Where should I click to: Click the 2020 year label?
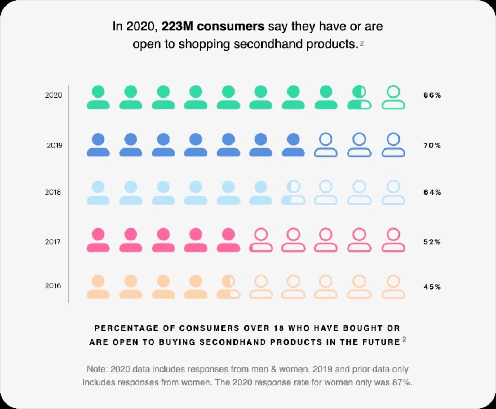[x=54, y=95]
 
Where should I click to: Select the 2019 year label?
[x=55, y=145]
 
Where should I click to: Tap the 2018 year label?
[x=53, y=192]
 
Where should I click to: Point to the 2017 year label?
[x=53, y=242]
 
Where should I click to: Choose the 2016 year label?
[x=53, y=286]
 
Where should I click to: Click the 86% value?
[x=432, y=95]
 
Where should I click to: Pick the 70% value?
[x=432, y=145]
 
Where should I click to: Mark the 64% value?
[x=432, y=192]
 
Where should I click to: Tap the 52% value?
[x=432, y=242]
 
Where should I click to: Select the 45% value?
[x=432, y=287]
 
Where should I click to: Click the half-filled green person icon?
[x=359, y=97]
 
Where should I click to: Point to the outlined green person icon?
[x=393, y=97]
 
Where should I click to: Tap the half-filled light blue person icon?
[x=293, y=193]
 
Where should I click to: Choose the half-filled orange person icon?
[x=228, y=287]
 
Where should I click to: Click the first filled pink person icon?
[x=98, y=240]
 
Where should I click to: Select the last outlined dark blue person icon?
[x=393, y=145]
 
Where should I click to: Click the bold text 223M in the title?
[x=177, y=26]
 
